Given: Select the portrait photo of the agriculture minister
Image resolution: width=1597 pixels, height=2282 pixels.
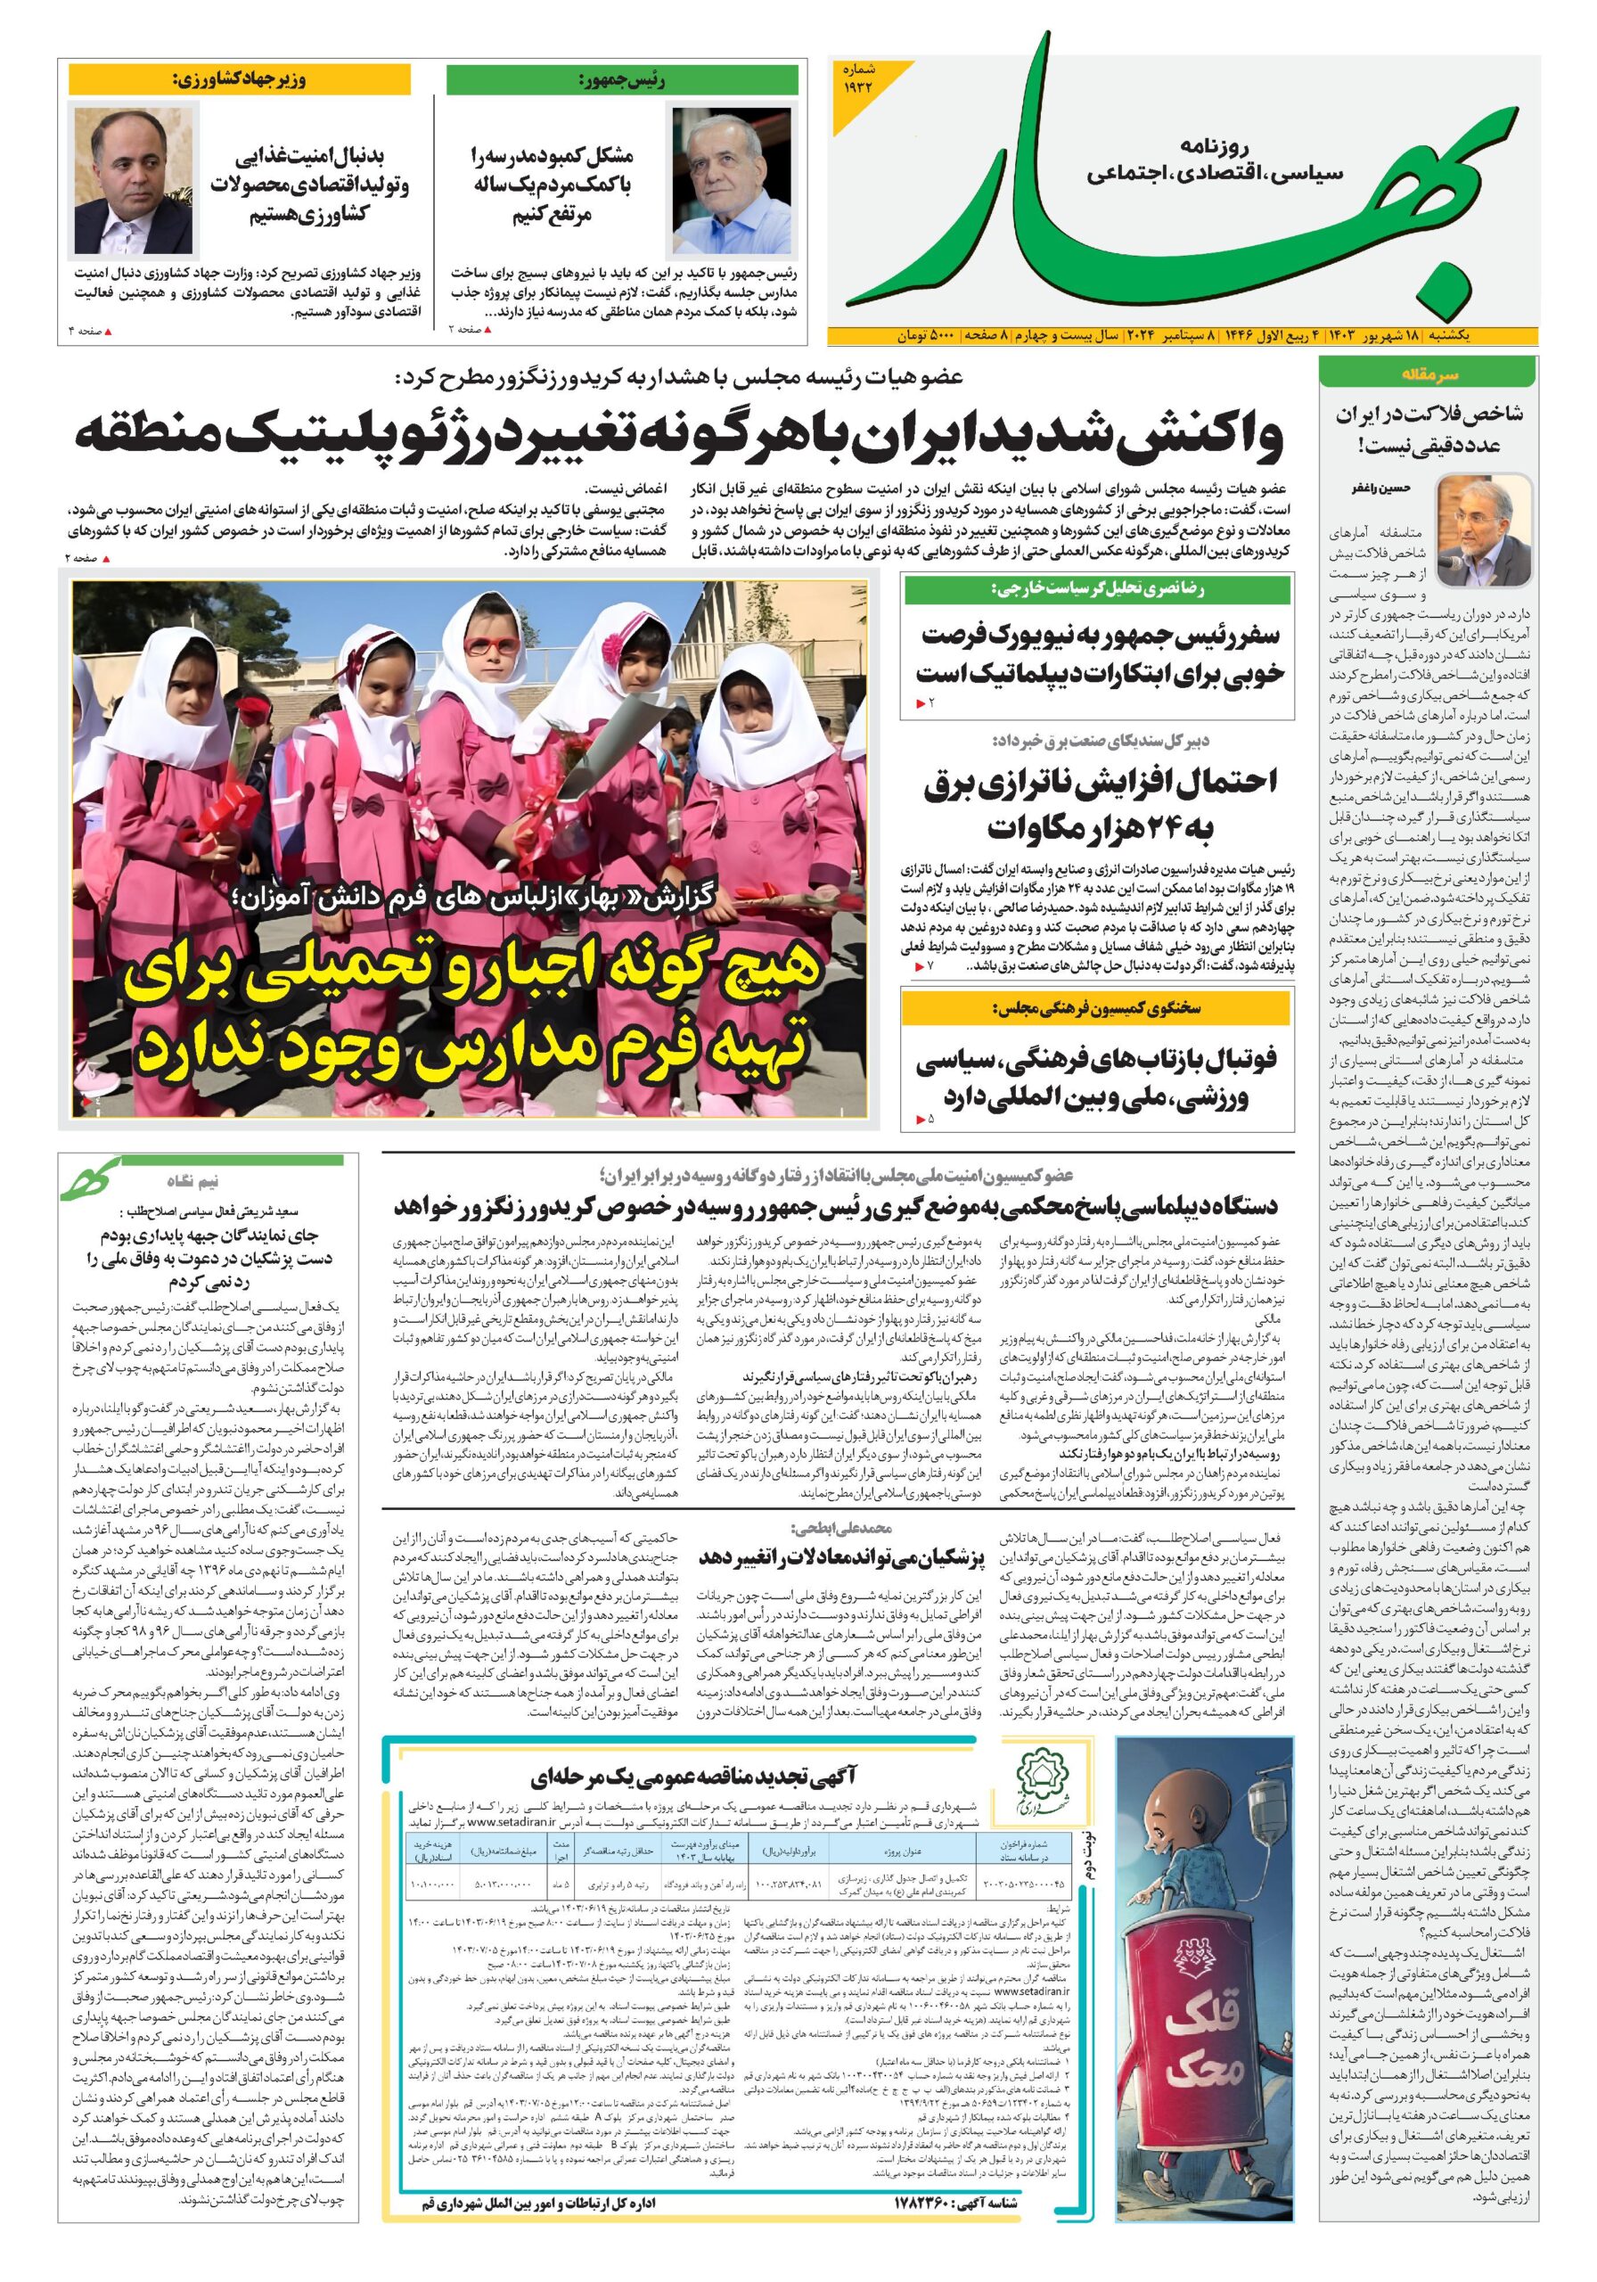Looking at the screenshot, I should click(x=135, y=181).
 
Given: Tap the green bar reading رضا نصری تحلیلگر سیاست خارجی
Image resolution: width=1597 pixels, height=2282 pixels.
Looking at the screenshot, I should click(x=1096, y=589).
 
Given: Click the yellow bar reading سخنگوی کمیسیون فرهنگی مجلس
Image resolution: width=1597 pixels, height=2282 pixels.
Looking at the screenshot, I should click(x=1096, y=1008).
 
